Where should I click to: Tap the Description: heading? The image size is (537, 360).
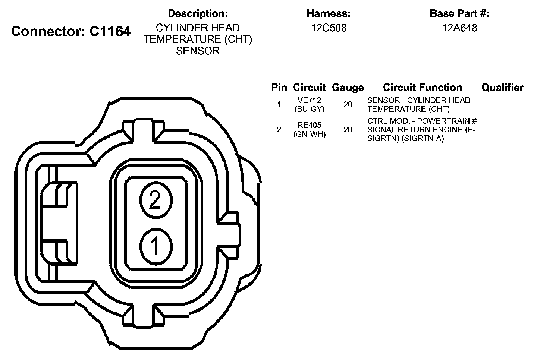pos(198,13)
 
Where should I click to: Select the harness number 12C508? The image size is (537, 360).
pos(329,28)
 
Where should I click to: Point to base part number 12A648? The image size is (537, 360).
pos(459,28)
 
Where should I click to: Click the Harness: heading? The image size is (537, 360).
pos(329,13)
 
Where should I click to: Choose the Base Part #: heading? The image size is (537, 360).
pos(459,13)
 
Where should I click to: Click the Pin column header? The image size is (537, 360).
pos(279,88)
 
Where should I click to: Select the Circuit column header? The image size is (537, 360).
pos(309,88)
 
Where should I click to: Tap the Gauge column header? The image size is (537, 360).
pos(348,88)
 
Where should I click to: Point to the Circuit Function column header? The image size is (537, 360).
pos(423,88)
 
